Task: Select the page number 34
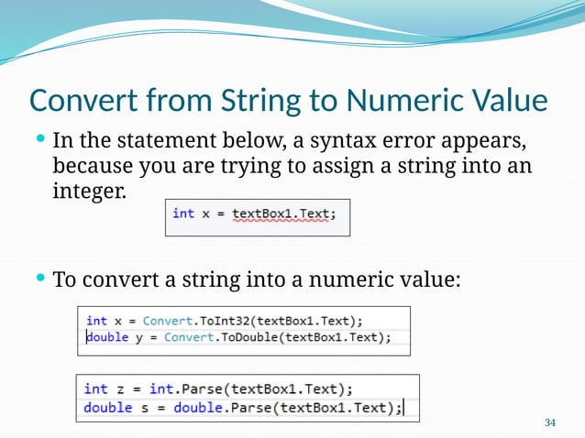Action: [550, 422]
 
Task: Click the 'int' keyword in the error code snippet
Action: [183, 214]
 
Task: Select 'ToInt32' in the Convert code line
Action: [225, 321]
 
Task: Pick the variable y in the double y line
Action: [138, 337]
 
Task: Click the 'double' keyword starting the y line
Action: [107, 337]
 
